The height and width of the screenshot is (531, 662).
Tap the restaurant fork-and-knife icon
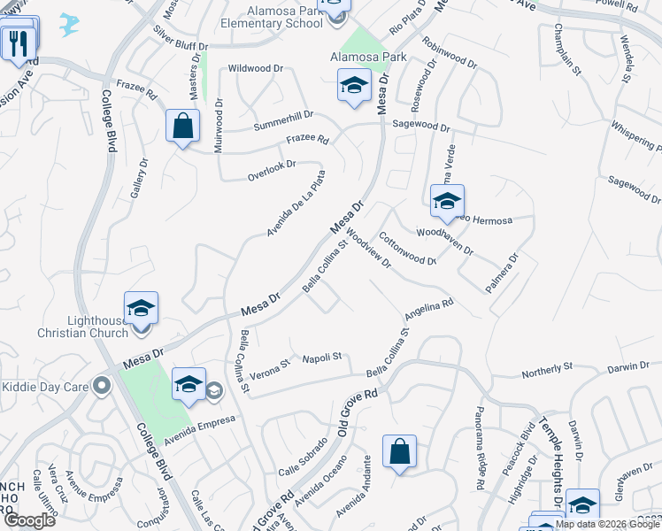click(18, 42)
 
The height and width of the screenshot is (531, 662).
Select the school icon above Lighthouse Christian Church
click(141, 308)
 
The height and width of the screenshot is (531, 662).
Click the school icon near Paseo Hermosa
click(447, 201)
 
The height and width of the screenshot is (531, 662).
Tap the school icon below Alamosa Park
click(354, 86)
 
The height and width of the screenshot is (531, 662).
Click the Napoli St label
click(322, 358)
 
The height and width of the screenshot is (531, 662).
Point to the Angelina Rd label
click(429, 309)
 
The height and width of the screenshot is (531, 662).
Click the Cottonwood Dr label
click(407, 249)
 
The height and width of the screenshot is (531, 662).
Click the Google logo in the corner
click(29, 520)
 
